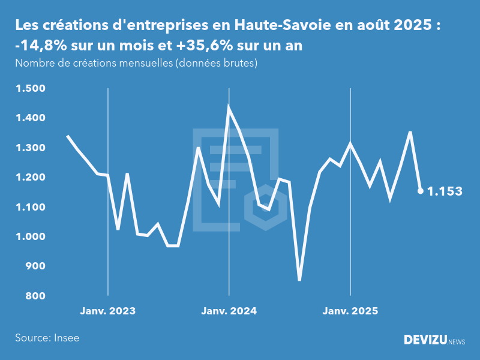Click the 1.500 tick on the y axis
(x=30, y=89)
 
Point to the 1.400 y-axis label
(x=30, y=118)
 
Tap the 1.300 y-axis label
(x=30, y=148)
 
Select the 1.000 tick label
(x=30, y=237)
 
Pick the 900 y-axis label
(x=35, y=266)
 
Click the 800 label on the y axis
(x=35, y=296)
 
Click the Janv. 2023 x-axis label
(x=108, y=311)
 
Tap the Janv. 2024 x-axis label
(x=229, y=311)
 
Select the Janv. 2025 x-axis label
(x=350, y=311)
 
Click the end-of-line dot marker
(x=421, y=191)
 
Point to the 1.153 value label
(x=445, y=191)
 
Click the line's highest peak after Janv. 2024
(x=229, y=107)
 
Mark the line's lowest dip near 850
(x=299, y=280)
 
